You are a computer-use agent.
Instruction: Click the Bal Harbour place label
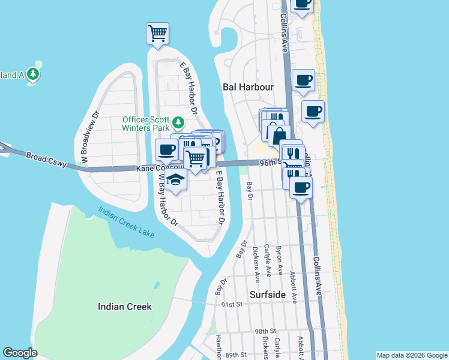[x=248, y=87]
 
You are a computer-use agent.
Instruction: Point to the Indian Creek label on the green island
[x=125, y=307]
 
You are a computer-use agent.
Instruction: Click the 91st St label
[x=231, y=305]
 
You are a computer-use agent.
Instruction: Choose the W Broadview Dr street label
[x=86, y=137]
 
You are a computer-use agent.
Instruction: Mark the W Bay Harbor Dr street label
[x=166, y=199]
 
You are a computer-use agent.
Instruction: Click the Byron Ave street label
[x=279, y=260]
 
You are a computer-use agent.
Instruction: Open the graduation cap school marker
[x=175, y=181]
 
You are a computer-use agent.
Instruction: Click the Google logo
[x=20, y=353]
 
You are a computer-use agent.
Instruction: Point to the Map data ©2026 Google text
[x=411, y=355]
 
